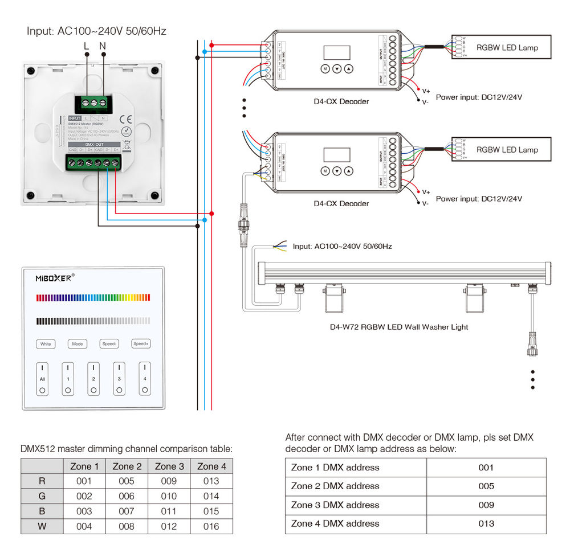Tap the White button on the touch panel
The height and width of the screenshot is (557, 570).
[46, 344]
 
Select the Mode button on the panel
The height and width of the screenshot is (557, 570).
[77, 344]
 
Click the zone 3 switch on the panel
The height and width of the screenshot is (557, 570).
[119, 379]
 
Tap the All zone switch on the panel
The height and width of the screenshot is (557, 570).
[42, 379]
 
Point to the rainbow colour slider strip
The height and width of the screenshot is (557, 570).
[93, 298]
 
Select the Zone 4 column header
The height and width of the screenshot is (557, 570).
[211, 466]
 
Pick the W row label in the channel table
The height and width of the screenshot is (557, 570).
[42, 526]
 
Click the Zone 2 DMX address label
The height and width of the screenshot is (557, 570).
[335, 486]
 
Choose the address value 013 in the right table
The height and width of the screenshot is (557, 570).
[486, 523]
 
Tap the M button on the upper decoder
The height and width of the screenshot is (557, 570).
[324, 69]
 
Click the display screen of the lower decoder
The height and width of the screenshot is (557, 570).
[337, 155]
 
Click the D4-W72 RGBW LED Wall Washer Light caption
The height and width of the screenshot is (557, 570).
[399, 327]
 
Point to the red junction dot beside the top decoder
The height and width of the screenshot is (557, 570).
[212, 45]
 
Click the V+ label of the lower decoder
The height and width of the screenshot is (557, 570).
[426, 193]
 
